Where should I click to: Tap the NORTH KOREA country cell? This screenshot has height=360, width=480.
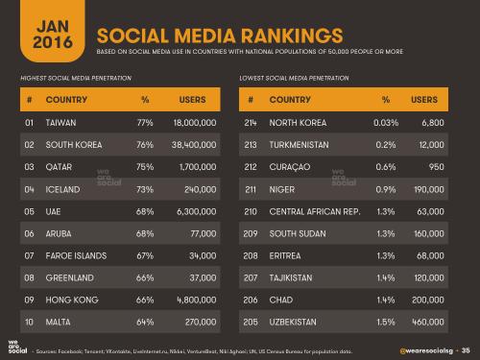[301, 124]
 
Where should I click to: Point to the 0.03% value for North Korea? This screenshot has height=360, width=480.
[386, 124]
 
